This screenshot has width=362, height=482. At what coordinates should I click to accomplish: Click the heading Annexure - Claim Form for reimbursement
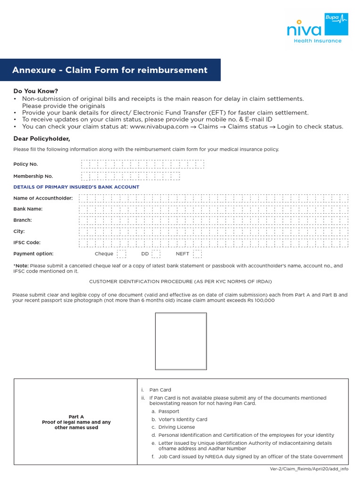click(110, 70)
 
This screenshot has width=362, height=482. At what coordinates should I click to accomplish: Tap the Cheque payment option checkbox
click(122, 254)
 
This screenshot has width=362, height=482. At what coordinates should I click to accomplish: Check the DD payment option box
click(156, 254)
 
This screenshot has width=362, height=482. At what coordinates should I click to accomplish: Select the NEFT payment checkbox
click(197, 254)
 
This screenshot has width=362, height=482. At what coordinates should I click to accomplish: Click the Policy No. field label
click(25, 164)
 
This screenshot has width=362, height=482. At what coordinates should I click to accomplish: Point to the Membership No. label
click(33, 176)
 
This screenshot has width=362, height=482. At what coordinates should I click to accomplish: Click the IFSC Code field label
click(27, 243)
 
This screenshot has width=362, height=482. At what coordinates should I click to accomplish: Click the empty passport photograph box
click(181, 341)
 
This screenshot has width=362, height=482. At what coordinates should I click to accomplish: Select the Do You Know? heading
click(36, 91)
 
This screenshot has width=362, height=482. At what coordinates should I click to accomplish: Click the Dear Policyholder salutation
click(41, 138)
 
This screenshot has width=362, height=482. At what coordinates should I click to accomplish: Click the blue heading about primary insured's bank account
click(76, 187)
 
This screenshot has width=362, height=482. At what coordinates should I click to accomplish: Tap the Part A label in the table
click(76, 417)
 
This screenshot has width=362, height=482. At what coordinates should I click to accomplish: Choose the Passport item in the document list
click(169, 411)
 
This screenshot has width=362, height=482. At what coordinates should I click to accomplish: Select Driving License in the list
click(176, 427)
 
